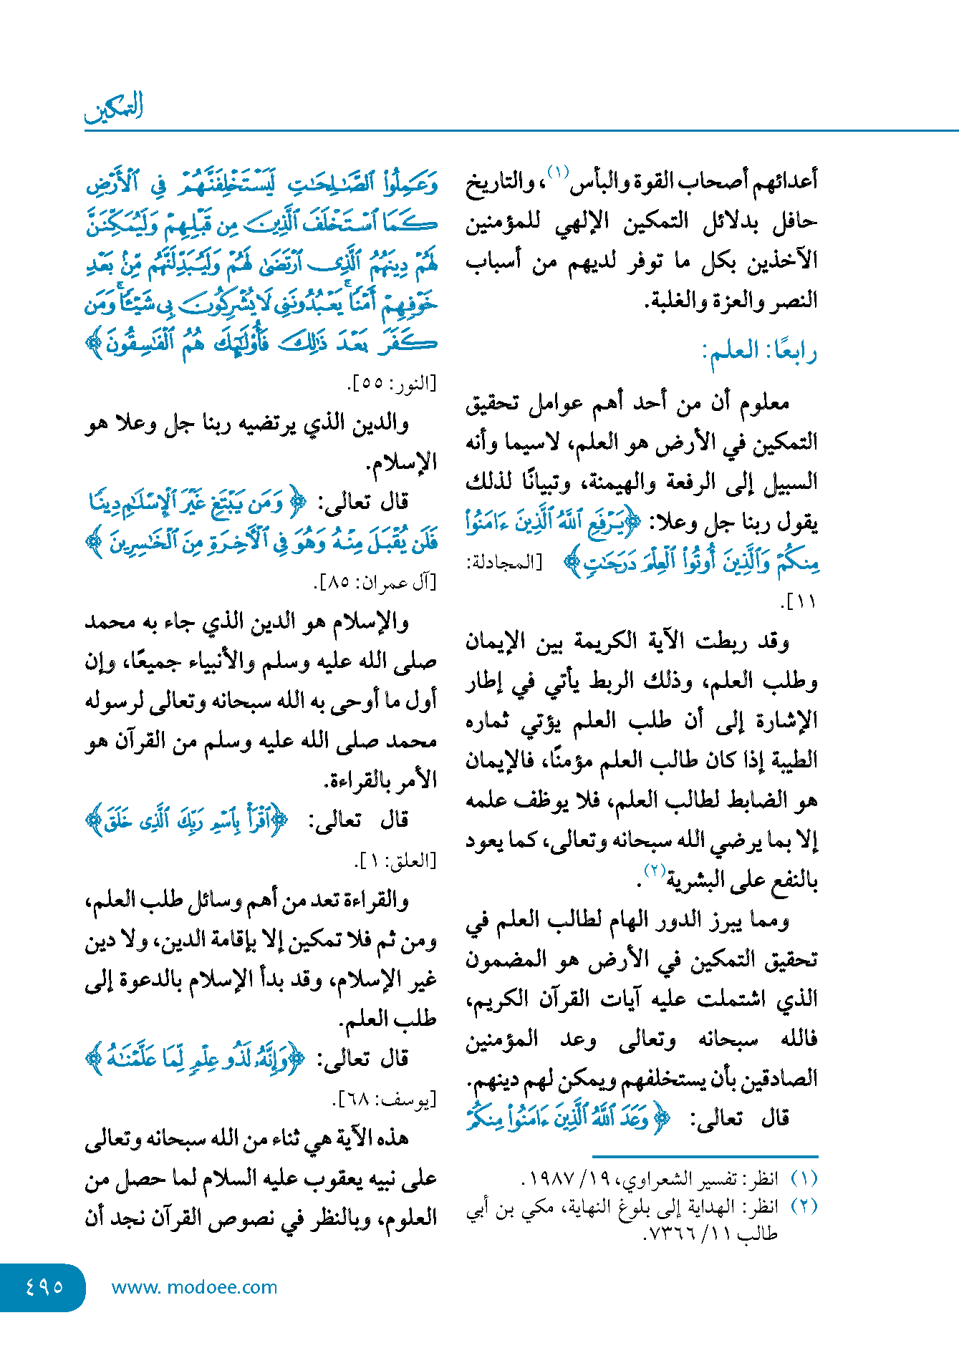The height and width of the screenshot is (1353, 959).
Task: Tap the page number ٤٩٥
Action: [x=44, y=1286]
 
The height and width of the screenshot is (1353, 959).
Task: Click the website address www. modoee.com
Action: [x=194, y=1287]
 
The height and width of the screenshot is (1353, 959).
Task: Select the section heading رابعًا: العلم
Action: [x=760, y=351]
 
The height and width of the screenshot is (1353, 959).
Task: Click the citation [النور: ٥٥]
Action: [x=392, y=384]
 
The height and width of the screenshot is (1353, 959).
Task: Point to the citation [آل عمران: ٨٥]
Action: [x=375, y=583]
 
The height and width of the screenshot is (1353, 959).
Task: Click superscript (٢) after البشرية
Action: [x=655, y=871]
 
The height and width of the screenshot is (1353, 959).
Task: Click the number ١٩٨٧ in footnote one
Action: [x=553, y=1178]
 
